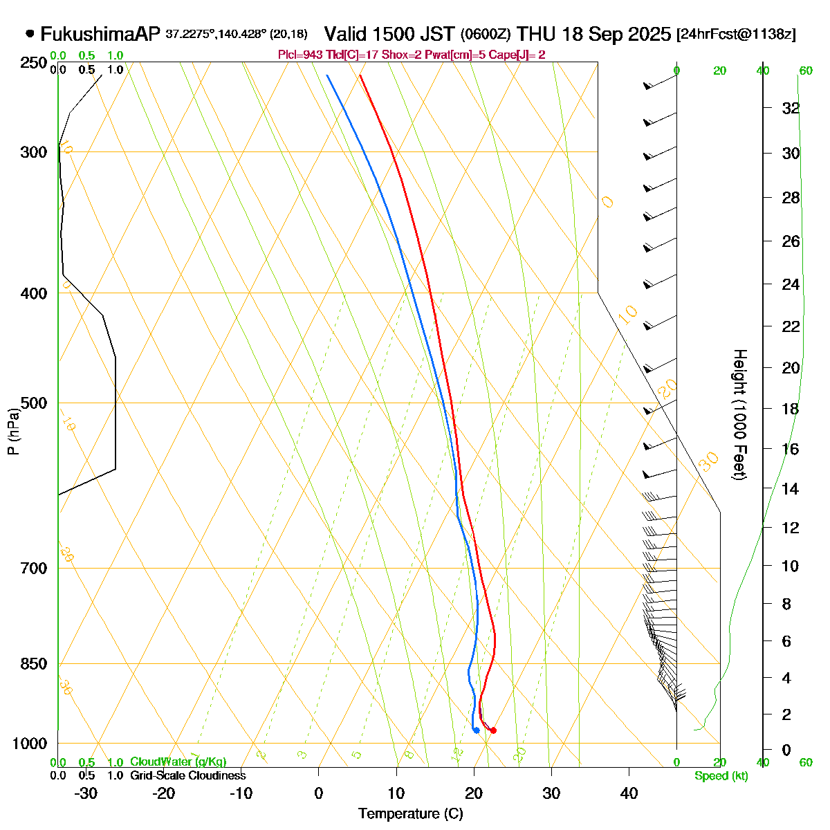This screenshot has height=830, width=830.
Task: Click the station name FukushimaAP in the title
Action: tap(100, 34)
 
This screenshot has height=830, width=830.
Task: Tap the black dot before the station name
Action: tap(30, 33)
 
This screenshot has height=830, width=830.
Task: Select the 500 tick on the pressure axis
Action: tap(34, 403)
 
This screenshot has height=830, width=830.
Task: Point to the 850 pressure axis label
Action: tap(34, 664)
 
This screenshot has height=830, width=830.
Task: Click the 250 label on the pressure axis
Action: tap(34, 63)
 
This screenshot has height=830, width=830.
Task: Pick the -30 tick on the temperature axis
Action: tap(86, 793)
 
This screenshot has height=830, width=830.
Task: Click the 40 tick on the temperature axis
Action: tap(629, 793)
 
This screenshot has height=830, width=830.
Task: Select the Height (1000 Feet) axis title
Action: tap(739, 415)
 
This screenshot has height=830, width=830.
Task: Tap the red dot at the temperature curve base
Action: tap(493, 730)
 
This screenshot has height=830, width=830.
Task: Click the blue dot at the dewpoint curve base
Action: tap(477, 730)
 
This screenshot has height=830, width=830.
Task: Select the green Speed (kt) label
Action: tap(721, 776)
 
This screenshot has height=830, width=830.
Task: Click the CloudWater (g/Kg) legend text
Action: tap(178, 762)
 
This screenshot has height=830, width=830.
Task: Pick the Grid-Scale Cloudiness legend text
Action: tap(187, 776)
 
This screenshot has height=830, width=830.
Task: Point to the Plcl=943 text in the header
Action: tap(299, 55)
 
